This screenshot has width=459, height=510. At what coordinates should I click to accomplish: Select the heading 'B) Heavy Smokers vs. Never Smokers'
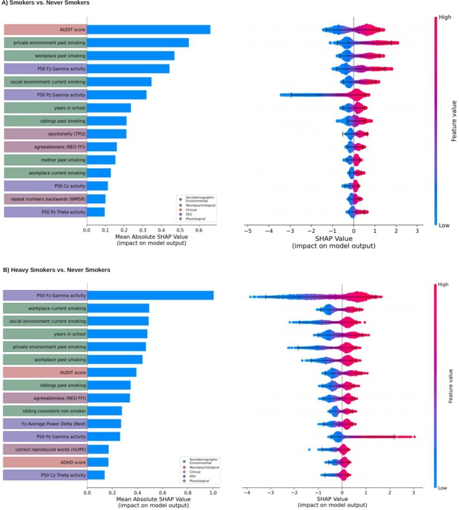click(x=57, y=269)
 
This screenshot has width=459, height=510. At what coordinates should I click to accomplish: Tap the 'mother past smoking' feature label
click(x=45, y=159)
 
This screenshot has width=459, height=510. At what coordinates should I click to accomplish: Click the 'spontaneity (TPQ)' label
click(x=45, y=133)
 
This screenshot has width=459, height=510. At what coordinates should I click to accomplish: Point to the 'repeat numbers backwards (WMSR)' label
click(x=45, y=199)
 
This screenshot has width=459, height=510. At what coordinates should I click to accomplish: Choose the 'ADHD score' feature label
click(x=45, y=461)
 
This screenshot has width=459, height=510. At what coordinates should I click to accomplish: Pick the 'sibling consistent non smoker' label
click(x=45, y=410)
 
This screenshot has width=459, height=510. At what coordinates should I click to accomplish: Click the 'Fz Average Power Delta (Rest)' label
click(x=45, y=423)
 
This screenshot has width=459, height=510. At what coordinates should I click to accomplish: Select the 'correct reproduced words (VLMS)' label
click(x=45, y=449)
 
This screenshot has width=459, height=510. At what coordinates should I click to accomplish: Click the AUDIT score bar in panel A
click(x=148, y=30)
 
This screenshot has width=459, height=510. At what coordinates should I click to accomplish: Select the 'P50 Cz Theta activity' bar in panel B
click(x=96, y=475)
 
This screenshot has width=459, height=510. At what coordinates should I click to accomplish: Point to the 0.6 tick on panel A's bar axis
click(x=198, y=229)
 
